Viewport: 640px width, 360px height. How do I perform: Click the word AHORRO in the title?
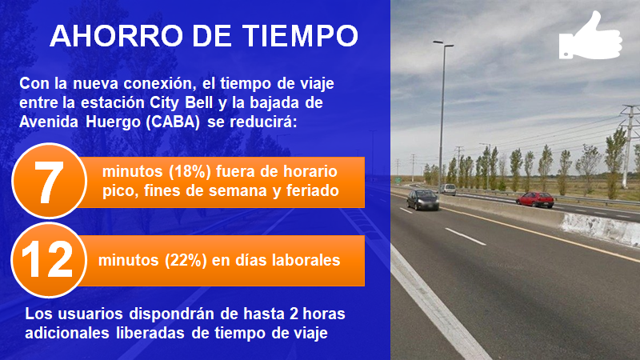pos(116,35)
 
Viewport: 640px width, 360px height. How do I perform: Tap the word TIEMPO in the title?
pos(301,35)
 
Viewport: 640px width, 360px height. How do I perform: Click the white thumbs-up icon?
pos(590,35)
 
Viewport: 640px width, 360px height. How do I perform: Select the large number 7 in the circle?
pos(49,182)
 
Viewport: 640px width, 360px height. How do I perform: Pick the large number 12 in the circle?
pos(47,260)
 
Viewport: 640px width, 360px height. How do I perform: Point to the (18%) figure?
pos(190,172)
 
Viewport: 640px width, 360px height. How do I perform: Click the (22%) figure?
pos(186,261)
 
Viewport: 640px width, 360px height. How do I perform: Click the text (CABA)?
pos(173,122)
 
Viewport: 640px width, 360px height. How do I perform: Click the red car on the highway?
pos(534,199)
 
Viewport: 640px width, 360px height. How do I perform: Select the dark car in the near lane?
pos(423,199)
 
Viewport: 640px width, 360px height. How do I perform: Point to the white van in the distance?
pos(448,189)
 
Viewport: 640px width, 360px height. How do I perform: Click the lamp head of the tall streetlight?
pos(443,43)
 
